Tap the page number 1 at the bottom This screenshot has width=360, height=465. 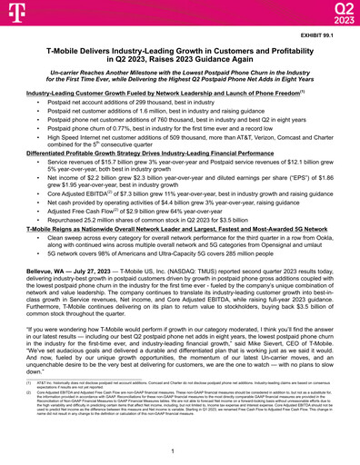180,450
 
